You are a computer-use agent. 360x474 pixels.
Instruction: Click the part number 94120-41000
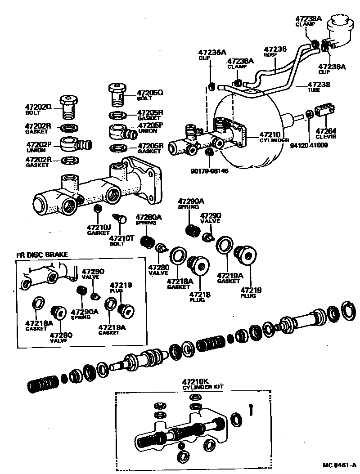coord(309,145)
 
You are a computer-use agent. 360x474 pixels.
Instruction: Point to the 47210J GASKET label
coord(99,230)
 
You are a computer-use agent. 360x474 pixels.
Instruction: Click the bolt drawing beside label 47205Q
coord(118,94)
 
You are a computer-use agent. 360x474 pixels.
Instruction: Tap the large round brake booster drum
coord(252,130)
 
